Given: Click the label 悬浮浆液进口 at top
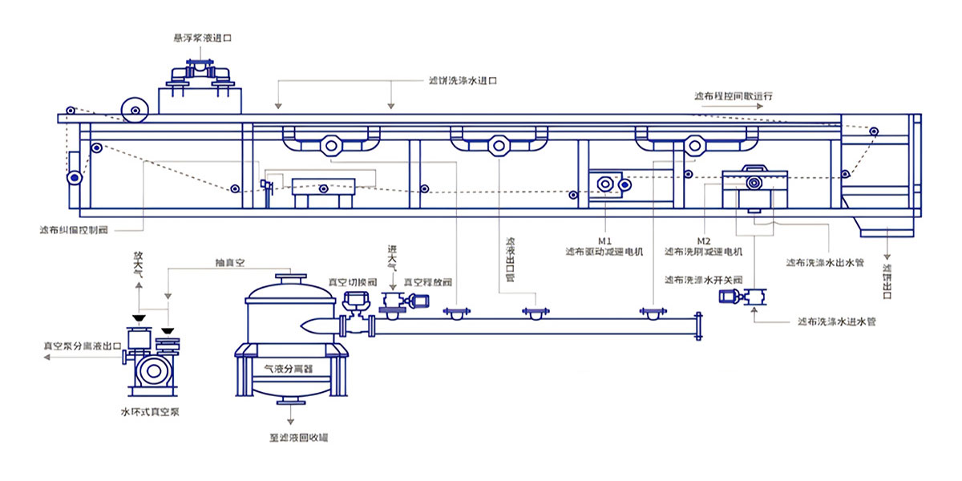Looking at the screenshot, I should pos(196,37).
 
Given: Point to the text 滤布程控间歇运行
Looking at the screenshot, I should pos(734,96).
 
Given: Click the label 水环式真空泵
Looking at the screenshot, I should pos(150,412).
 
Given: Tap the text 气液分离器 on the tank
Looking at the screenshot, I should pos(288,370).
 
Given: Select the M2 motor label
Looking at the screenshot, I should pos(703,240).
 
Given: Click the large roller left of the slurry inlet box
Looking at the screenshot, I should pos(135,110).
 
